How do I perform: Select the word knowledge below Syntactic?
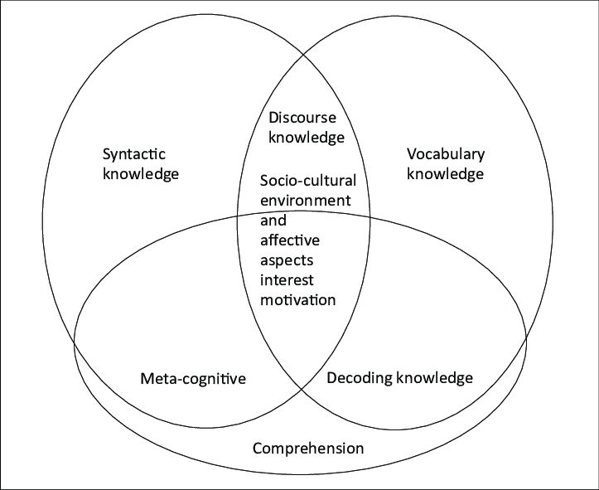tap(141, 175)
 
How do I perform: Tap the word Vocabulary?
tap(446, 155)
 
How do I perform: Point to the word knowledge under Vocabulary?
tap(445, 174)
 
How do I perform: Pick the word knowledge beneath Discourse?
tap(304, 138)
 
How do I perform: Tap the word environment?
tap(305, 201)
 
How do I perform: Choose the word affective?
tap(289, 240)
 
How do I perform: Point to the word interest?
tap(287, 279)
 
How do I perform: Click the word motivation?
tap(298, 299)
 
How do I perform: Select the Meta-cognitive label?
tap(193, 379)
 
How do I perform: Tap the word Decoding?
tap(359, 378)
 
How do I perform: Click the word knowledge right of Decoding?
tap(434, 378)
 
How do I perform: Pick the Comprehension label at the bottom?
tap(307, 449)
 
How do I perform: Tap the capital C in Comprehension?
tap(258, 449)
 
